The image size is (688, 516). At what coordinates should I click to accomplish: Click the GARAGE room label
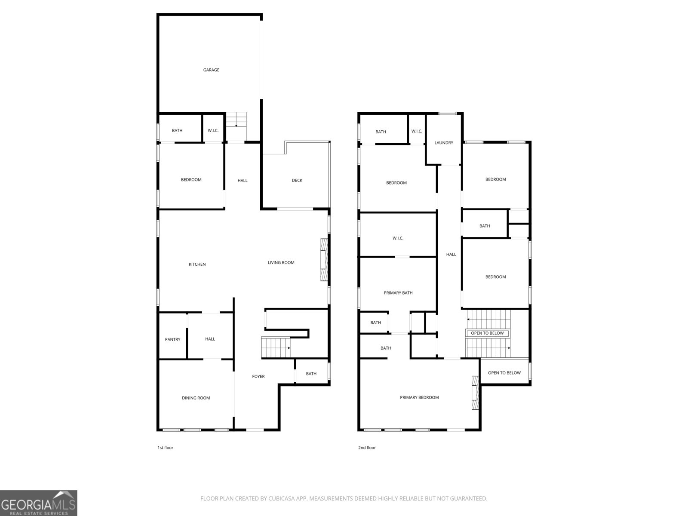point(211,70)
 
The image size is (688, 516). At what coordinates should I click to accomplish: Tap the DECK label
point(297,181)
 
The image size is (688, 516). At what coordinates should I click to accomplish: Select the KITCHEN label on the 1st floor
point(197,264)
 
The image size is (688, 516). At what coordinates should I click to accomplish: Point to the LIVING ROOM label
point(281,263)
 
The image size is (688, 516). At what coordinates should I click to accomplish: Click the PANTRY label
point(173,340)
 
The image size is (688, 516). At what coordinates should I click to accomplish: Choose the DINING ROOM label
point(196,398)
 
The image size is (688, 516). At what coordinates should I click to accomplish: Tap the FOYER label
point(258,377)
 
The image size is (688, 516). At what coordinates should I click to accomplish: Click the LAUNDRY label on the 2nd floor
point(443,143)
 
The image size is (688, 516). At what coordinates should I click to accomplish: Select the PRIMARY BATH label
point(398,293)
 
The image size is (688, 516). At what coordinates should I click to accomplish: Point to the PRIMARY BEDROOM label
point(419,398)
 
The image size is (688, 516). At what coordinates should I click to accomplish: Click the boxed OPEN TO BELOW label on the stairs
point(487,333)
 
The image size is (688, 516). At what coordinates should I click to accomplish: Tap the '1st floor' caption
point(165,448)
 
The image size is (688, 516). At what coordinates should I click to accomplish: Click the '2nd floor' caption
point(367,448)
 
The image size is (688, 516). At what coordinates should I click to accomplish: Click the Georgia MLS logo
point(39,503)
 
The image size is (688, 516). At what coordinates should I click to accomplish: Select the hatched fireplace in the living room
point(324,260)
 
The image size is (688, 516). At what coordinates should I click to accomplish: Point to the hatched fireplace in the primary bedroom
point(475,393)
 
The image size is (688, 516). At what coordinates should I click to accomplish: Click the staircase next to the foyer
point(276,348)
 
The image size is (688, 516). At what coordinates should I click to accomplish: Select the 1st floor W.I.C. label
point(213,131)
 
